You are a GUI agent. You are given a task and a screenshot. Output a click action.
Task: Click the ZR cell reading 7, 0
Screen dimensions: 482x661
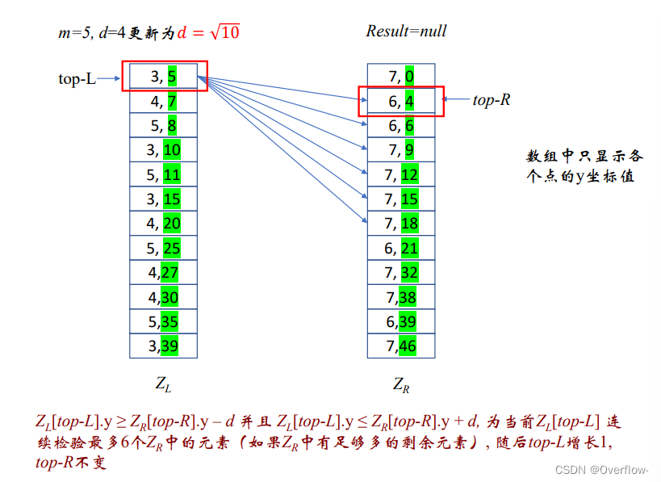(x=401, y=78)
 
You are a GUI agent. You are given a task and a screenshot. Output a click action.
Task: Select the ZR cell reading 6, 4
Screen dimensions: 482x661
(x=401, y=102)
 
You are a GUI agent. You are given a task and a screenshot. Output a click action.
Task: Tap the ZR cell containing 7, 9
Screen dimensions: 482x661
(x=401, y=150)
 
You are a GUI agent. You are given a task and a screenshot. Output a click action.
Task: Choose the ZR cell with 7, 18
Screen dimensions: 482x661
(x=401, y=224)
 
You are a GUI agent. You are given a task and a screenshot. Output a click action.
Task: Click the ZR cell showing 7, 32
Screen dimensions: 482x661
(x=401, y=273)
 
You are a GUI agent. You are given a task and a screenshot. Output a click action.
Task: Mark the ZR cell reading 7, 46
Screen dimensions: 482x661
(x=401, y=346)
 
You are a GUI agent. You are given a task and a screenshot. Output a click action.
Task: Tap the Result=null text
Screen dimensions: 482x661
(x=406, y=31)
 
